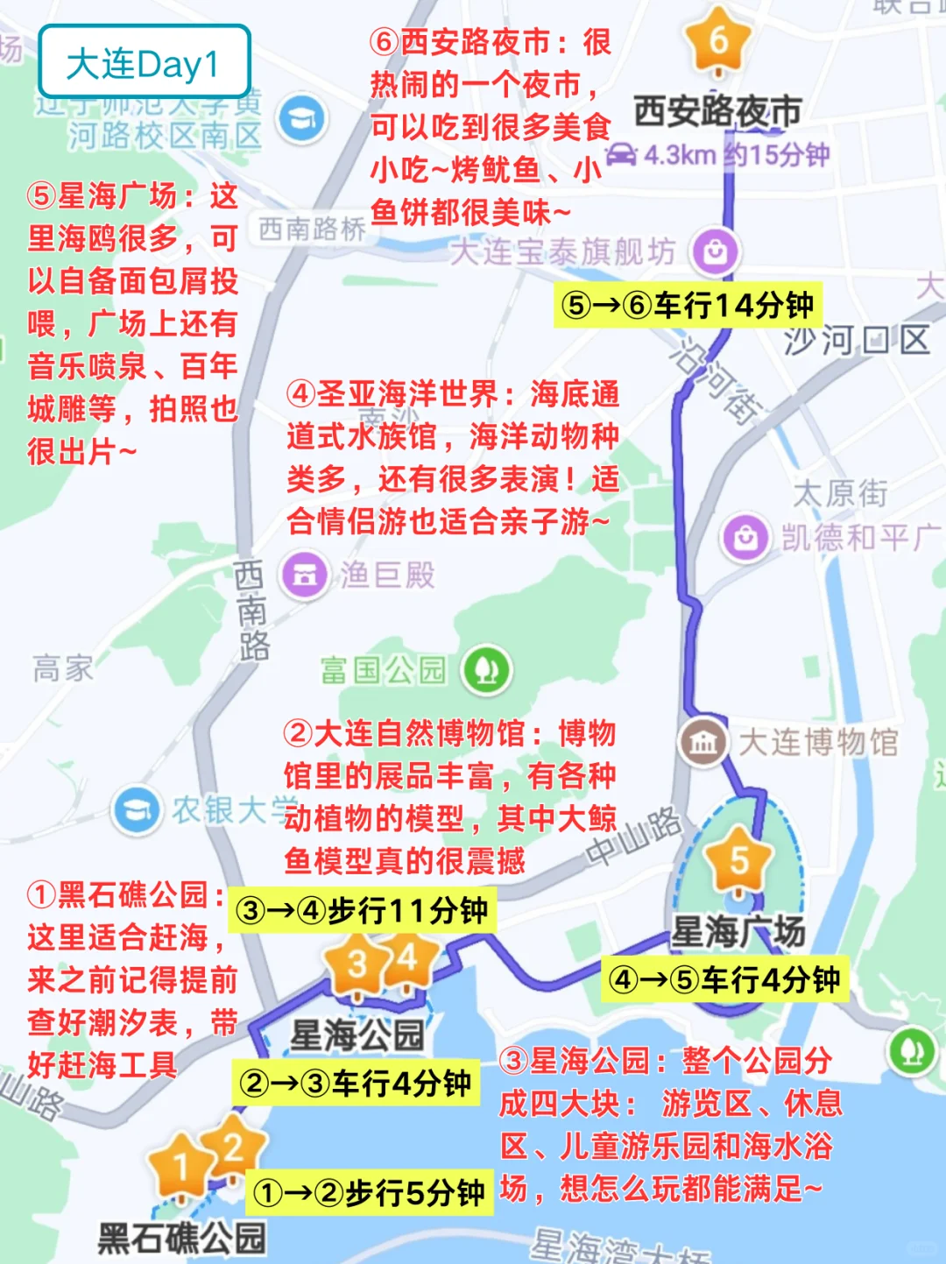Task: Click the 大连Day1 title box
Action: (145, 62)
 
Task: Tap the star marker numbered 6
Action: (718, 40)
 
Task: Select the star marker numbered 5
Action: (739, 860)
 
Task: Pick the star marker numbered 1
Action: (180, 1166)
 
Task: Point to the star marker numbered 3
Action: (357, 964)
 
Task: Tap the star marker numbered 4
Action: (407, 959)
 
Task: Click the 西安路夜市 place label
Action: (717, 111)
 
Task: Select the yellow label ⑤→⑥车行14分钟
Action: (688, 305)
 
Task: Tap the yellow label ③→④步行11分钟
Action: (362, 910)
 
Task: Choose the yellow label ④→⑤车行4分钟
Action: (724, 978)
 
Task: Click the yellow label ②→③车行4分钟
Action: (356, 1084)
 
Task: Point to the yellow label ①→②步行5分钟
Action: (369, 1192)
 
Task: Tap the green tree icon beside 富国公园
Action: (487, 670)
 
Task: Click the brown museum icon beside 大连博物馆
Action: (702, 743)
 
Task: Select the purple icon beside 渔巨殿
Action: (304, 575)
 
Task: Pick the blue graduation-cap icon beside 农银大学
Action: (137, 810)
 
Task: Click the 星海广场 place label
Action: (738, 931)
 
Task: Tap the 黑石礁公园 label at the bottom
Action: (182, 1239)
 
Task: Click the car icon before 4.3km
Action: (622, 154)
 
